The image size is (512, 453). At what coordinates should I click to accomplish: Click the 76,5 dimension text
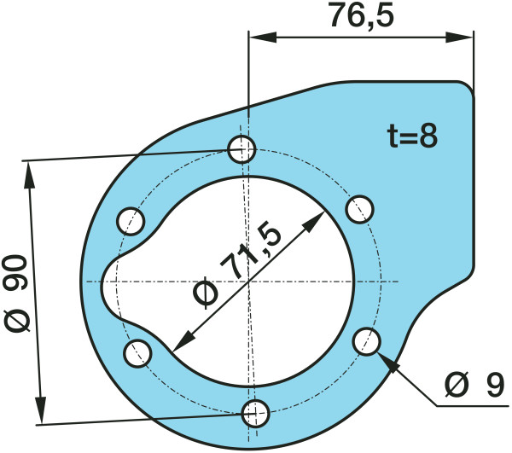(x=362, y=15)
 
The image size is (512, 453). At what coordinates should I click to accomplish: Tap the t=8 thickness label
(x=412, y=136)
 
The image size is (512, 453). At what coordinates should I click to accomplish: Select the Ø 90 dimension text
(x=16, y=293)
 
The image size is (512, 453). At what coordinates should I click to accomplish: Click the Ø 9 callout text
(x=475, y=386)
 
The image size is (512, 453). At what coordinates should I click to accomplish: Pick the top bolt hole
(x=241, y=149)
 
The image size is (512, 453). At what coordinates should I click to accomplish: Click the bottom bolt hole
(x=256, y=414)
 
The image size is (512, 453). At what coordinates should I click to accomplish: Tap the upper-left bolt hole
(x=131, y=221)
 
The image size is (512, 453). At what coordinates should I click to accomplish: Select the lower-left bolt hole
(x=137, y=353)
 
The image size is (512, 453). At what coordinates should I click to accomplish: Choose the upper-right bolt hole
(x=359, y=209)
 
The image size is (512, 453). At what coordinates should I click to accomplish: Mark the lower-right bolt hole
(x=367, y=341)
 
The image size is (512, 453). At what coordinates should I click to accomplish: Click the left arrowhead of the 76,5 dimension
(x=263, y=38)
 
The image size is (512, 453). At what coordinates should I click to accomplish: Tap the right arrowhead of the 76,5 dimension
(x=459, y=38)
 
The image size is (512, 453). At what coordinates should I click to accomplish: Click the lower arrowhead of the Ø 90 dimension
(x=40, y=410)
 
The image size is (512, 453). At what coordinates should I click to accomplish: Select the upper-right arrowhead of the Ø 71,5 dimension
(x=314, y=222)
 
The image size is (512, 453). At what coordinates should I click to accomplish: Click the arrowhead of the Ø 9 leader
(x=389, y=363)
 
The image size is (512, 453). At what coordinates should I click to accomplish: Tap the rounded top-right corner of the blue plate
(x=466, y=88)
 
